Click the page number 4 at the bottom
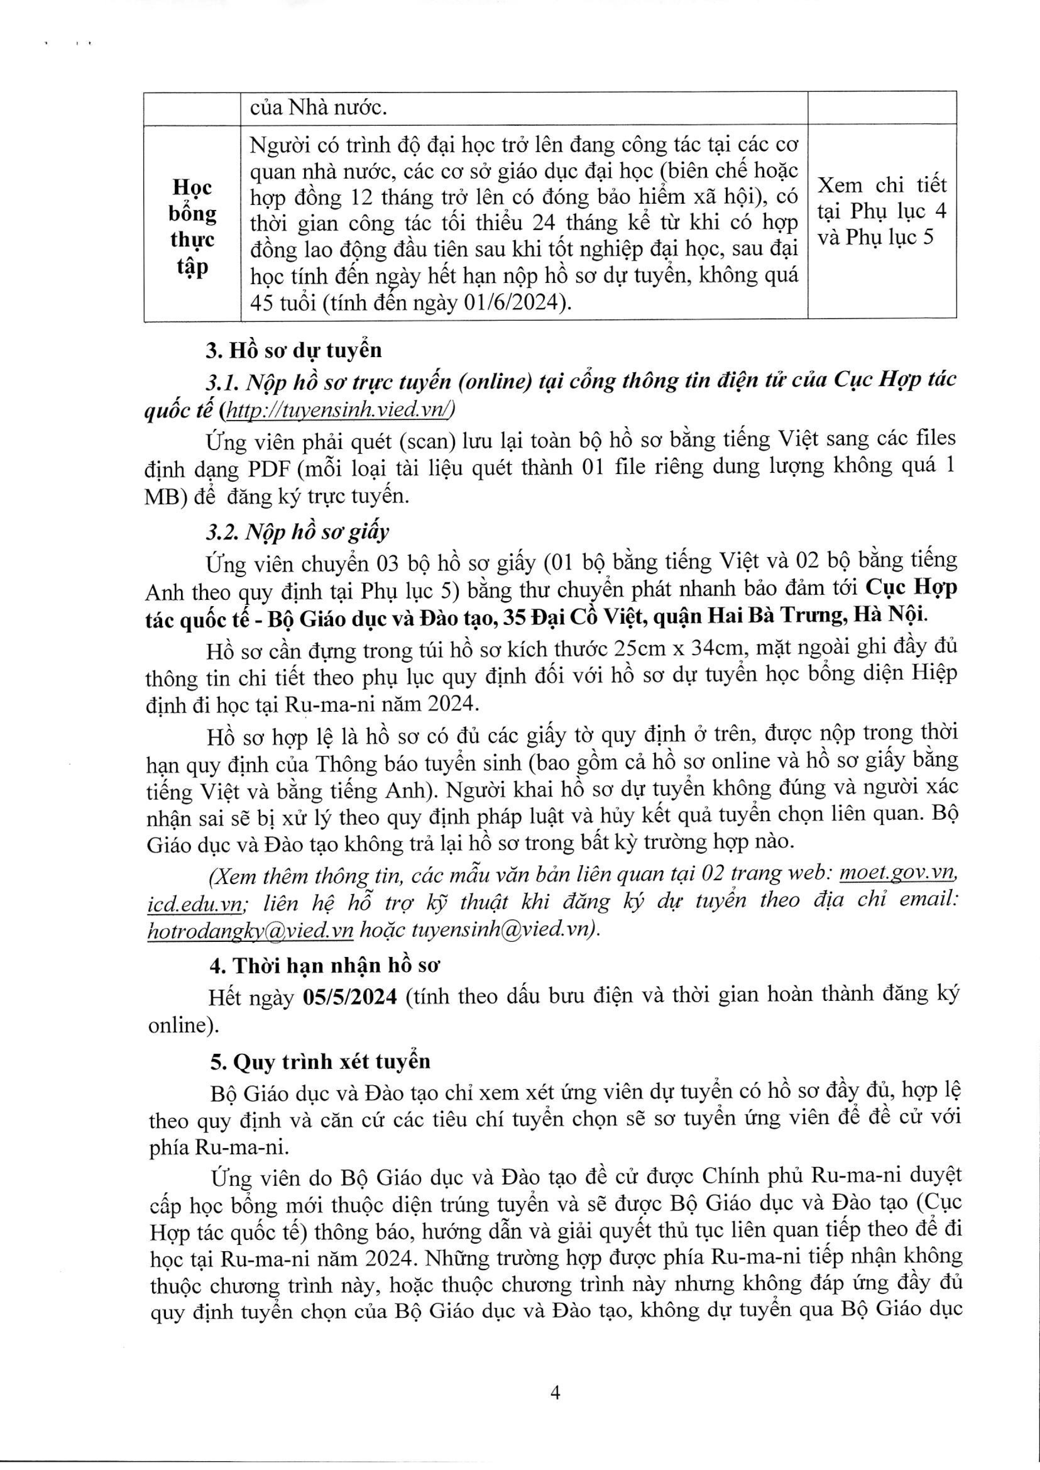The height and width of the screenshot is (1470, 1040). coord(556,1389)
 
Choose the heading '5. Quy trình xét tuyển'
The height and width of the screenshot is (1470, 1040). coord(320,1061)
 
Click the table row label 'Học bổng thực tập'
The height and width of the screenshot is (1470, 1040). coord(192,226)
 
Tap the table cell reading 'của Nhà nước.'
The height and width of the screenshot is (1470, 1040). coord(318,108)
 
